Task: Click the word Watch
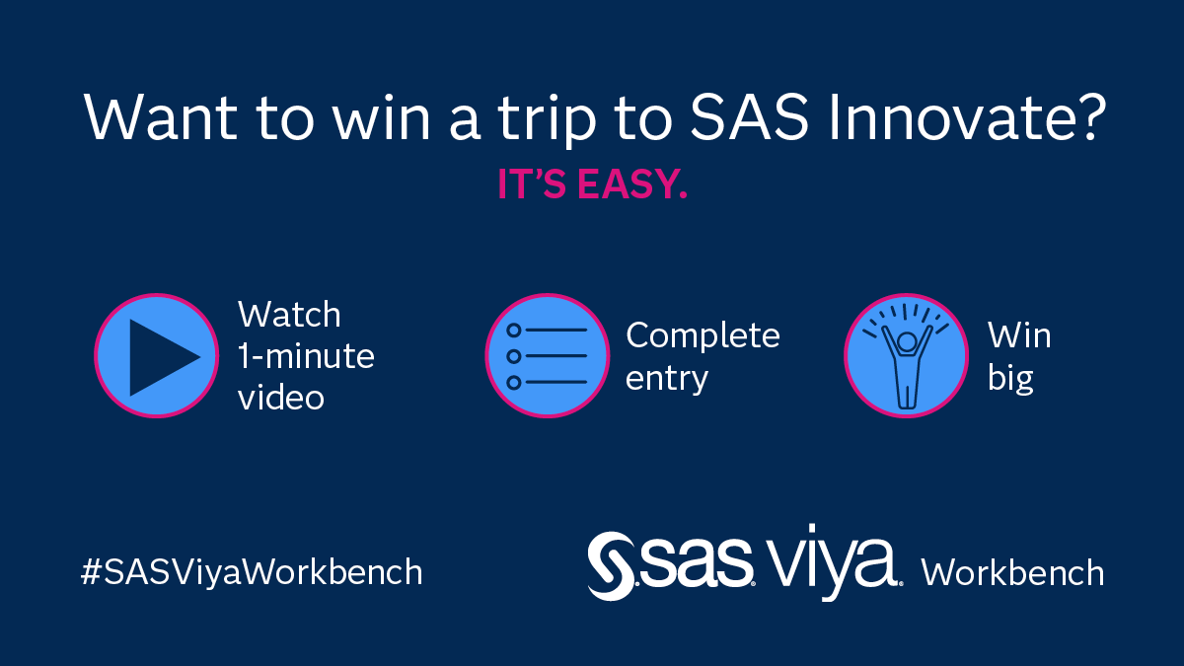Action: point(289,316)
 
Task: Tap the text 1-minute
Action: point(306,356)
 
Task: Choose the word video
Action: point(280,397)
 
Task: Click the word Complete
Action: point(703,335)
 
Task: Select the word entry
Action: point(667,378)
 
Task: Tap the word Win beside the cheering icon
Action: point(1019,336)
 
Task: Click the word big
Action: point(1009,379)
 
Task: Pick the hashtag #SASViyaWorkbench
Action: point(251,572)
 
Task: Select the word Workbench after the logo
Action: point(1012,572)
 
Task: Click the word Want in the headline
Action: point(156,117)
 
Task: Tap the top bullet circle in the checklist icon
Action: point(513,330)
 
